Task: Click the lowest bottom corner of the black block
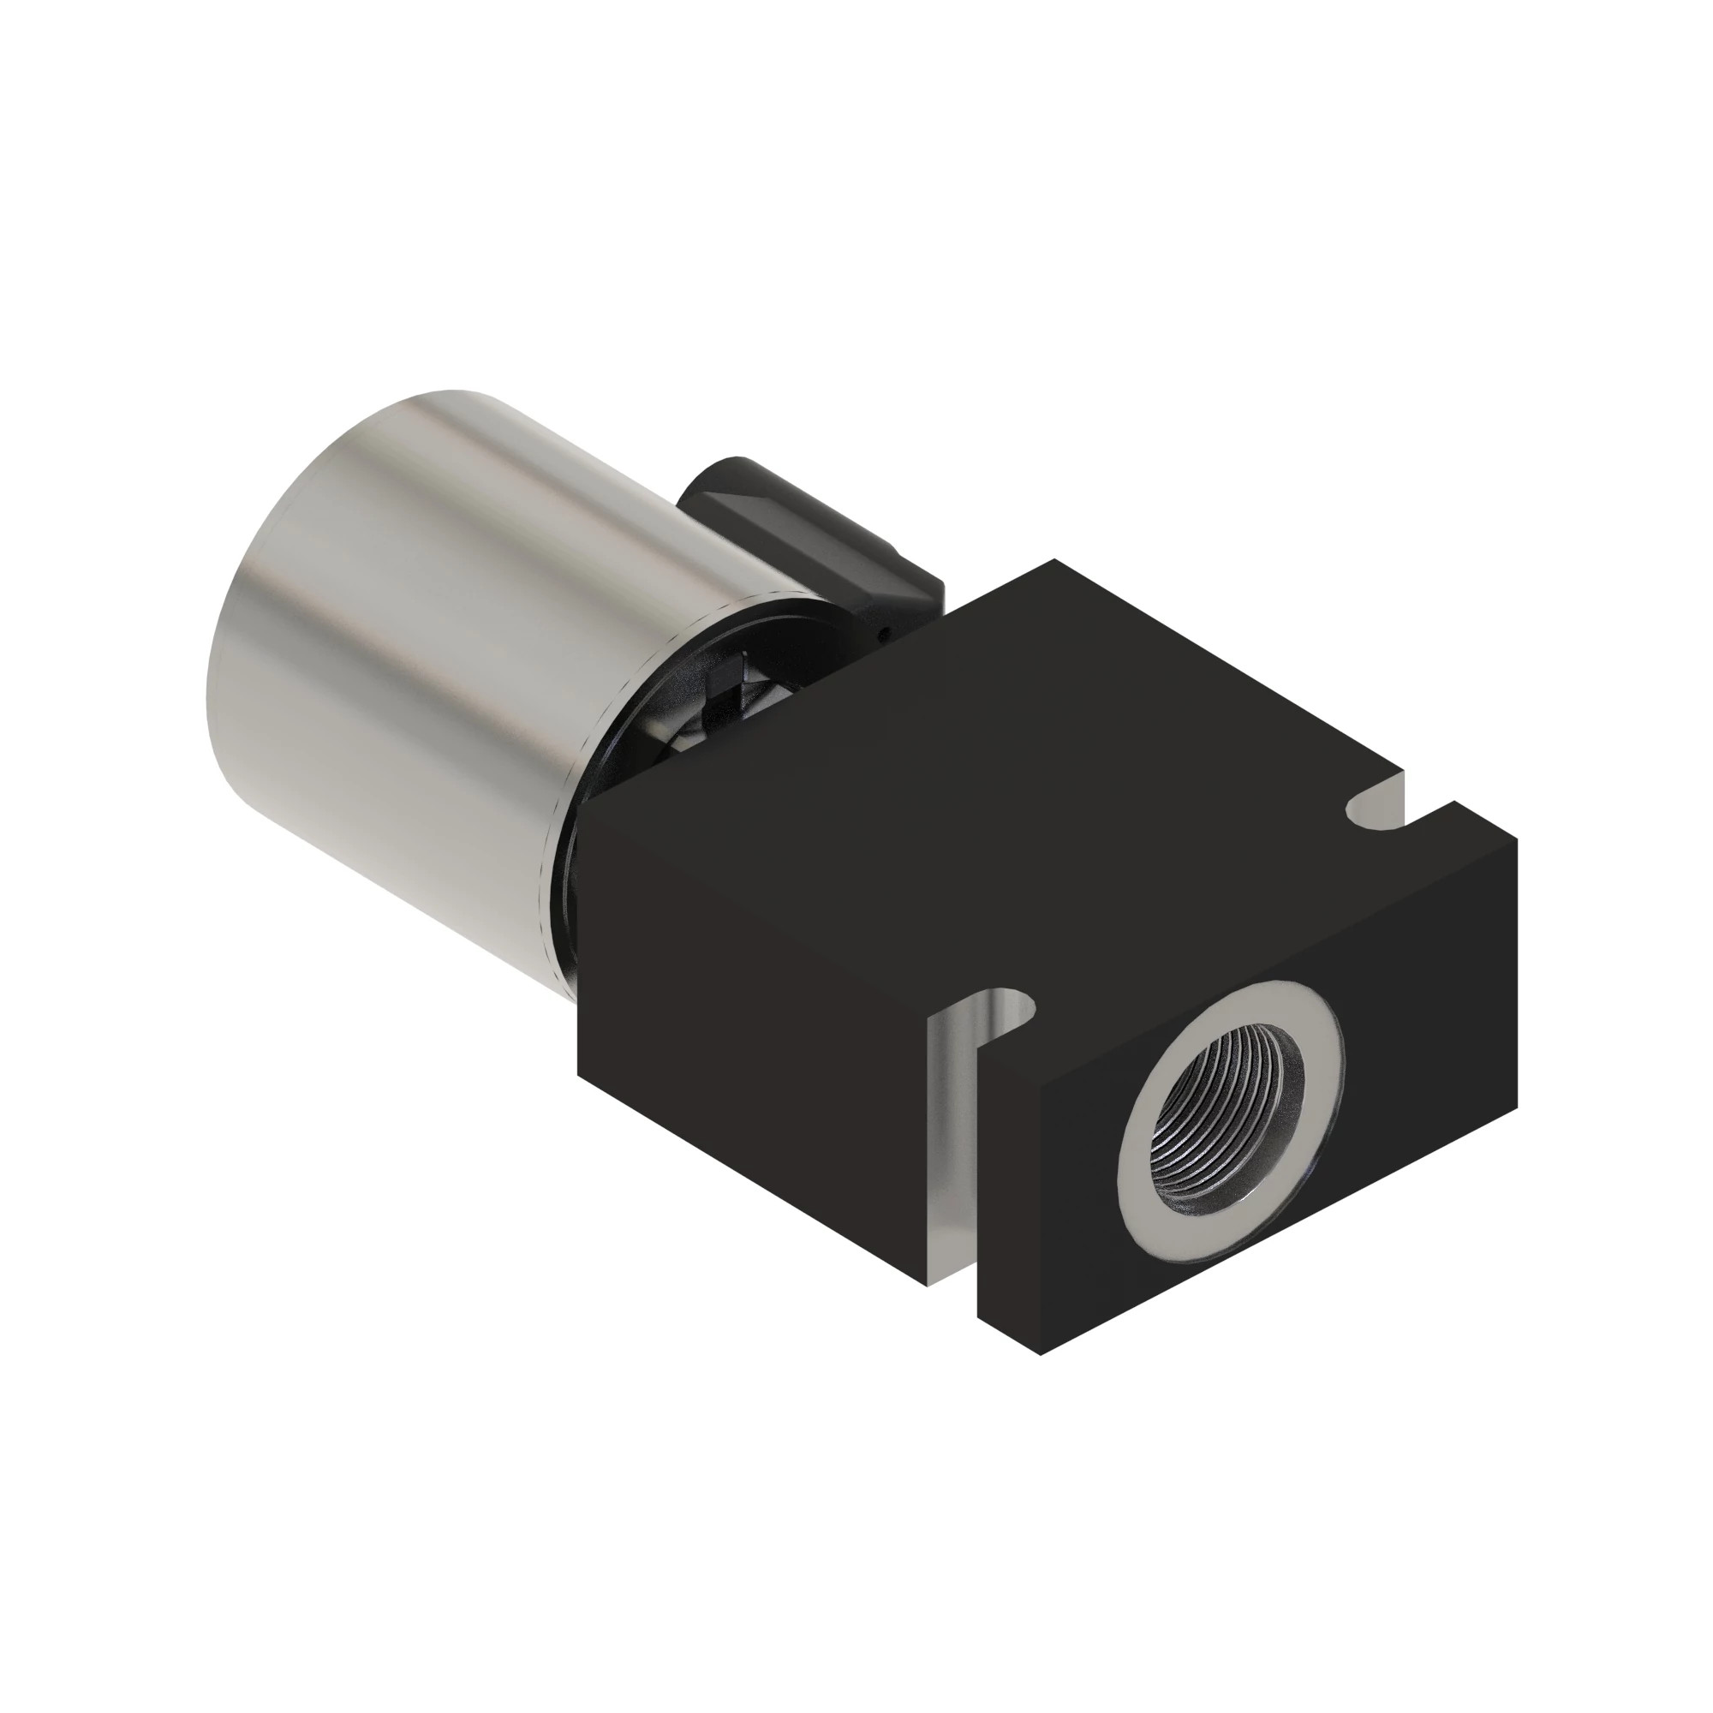1039,1353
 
